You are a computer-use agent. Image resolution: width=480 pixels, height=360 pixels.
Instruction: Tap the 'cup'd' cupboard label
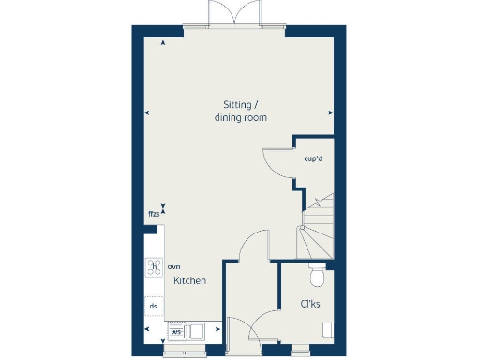tap(313, 157)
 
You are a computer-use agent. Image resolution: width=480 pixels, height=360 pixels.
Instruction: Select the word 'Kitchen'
tap(190, 281)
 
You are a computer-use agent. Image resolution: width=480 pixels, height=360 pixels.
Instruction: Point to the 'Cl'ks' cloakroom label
tap(310, 305)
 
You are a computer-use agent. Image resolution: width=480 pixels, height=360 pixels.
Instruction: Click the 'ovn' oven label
tap(173, 267)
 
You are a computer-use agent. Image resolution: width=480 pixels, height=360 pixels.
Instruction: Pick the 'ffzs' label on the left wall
tap(152, 215)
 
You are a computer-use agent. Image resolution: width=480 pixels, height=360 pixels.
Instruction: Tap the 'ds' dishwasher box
tap(153, 306)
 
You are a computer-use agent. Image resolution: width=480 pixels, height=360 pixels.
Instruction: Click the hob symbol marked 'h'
tap(154, 266)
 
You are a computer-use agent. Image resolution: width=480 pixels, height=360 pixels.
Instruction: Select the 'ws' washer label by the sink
tap(175, 331)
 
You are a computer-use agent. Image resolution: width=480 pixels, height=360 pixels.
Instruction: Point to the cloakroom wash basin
tap(327, 329)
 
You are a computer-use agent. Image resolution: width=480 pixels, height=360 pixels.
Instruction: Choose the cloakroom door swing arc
tap(265, 322)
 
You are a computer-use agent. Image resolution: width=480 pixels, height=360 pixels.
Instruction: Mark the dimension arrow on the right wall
tap(331, 113)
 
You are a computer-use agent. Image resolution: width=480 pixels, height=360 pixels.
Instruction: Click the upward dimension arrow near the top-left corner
tap(164, 43)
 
